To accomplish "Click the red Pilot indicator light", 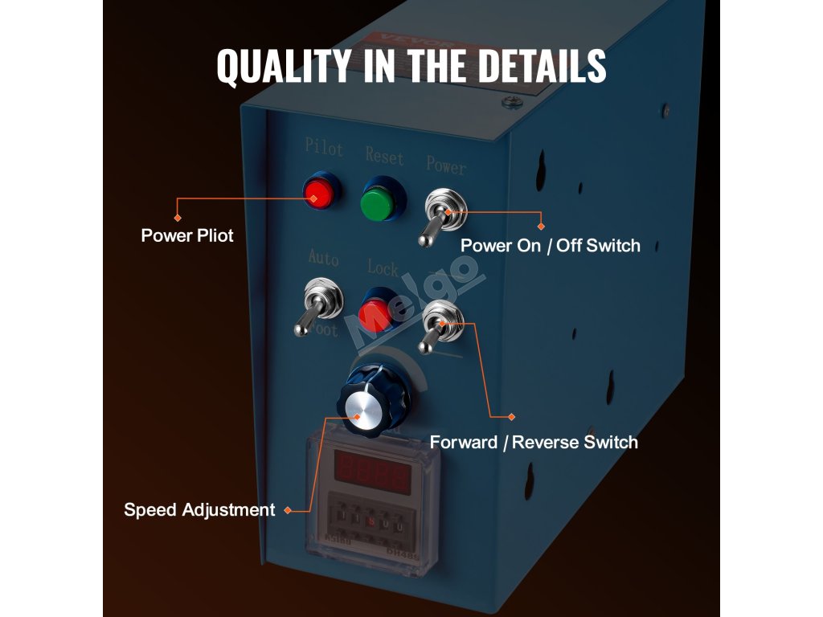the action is coord(320,193).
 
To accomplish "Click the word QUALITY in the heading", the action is coord(284,66).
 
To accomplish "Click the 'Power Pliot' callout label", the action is coord(187,235).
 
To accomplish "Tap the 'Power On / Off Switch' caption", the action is coord(551,246).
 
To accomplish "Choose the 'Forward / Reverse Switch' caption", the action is coord(534,442).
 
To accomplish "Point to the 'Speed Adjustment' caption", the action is coord(199,510).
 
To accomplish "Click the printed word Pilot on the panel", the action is coord(324,148).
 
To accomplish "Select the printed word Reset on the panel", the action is coord(384,154).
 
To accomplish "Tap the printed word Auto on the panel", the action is coord(323,258).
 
